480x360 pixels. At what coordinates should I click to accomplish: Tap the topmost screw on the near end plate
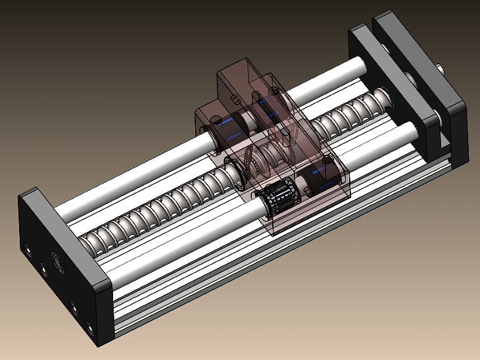tap(27, 249)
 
